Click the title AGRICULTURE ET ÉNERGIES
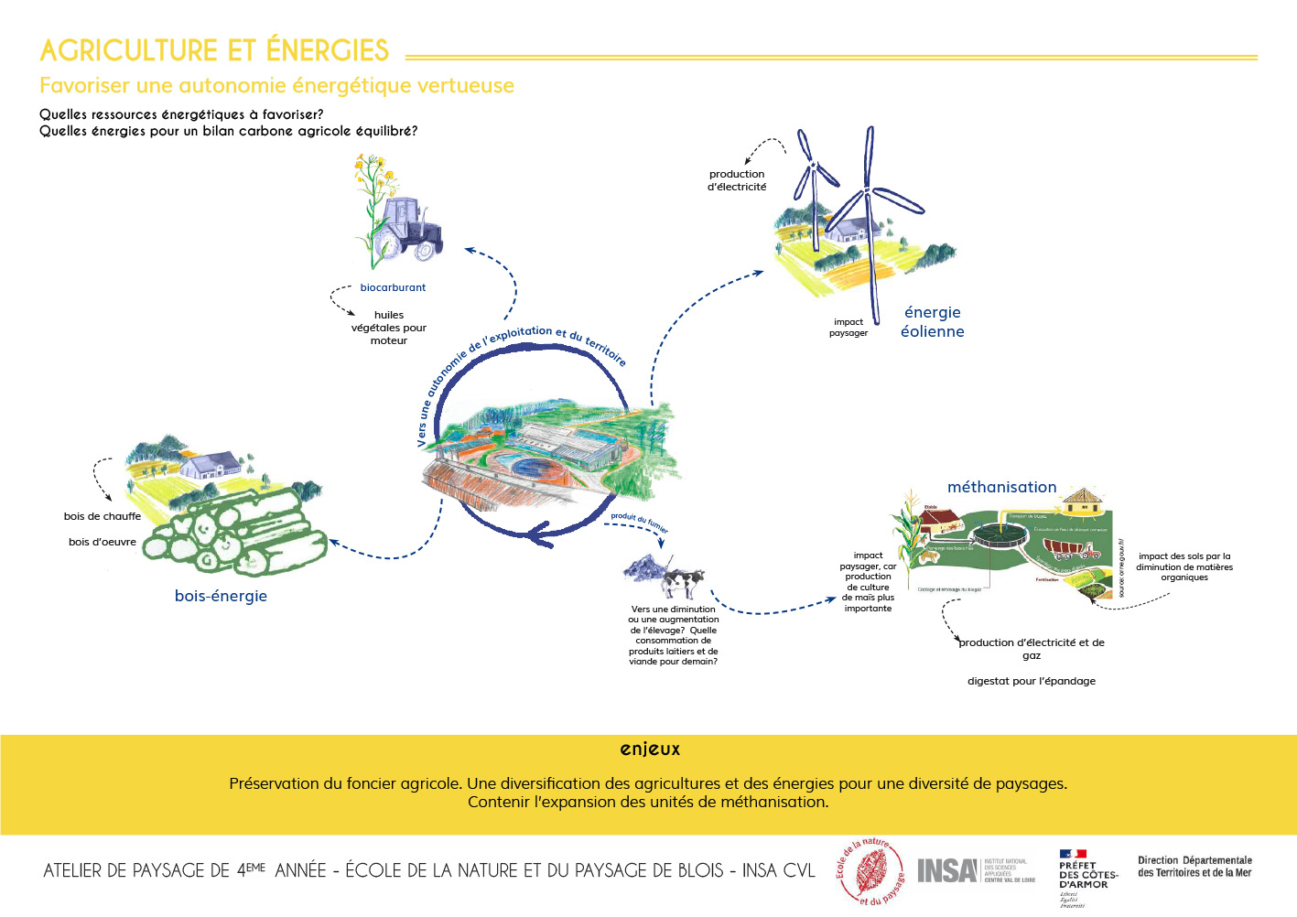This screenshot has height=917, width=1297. [214, 50]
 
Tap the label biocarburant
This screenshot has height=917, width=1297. [393, 287]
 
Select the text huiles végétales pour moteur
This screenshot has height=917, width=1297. [389, 328]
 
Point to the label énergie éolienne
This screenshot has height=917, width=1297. [932, 322]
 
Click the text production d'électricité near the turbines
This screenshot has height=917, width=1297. [737, 180]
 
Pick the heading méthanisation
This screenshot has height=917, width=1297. [1001, 487]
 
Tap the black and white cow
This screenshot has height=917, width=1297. [682, 581]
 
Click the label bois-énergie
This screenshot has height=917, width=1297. [221, 596]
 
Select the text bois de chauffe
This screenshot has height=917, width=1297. [103, 516]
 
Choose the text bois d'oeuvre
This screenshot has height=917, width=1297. [103, 542]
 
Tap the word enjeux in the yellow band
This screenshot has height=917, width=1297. [650, 749]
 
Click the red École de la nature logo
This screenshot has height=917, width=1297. [870, 871]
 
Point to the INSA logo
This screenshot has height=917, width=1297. [947, 870]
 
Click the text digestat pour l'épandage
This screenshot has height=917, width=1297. [1032, 681]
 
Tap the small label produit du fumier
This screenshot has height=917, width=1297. [640, 521]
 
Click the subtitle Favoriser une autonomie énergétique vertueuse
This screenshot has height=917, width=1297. [276, 86]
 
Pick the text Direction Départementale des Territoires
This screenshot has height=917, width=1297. [1194, 867]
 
